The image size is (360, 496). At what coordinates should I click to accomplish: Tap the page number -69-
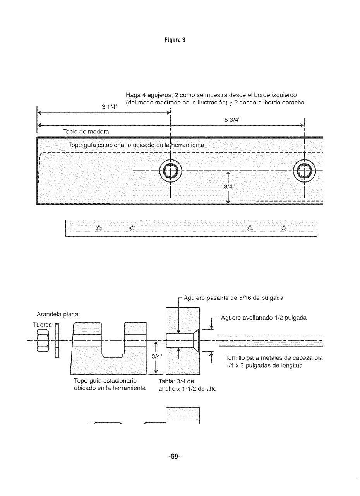[175, 457]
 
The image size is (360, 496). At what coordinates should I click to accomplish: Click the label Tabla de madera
[86, 132]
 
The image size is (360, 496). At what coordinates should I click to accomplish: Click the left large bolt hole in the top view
[170, 170]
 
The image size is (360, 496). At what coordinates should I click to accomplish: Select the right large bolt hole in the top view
[305, 170]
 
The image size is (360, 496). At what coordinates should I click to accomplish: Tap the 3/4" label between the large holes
[230, 186]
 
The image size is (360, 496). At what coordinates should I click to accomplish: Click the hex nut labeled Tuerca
[42, 341]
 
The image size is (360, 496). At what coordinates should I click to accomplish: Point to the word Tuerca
[42, 325]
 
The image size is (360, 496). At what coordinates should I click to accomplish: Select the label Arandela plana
[58, 314]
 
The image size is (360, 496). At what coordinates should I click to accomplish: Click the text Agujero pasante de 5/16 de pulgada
[233, 298]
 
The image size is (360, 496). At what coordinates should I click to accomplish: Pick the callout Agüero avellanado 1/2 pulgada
[264, 318]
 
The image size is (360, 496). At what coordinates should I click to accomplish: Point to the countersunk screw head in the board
[196, 341]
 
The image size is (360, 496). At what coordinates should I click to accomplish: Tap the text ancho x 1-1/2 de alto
[187, 388]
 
